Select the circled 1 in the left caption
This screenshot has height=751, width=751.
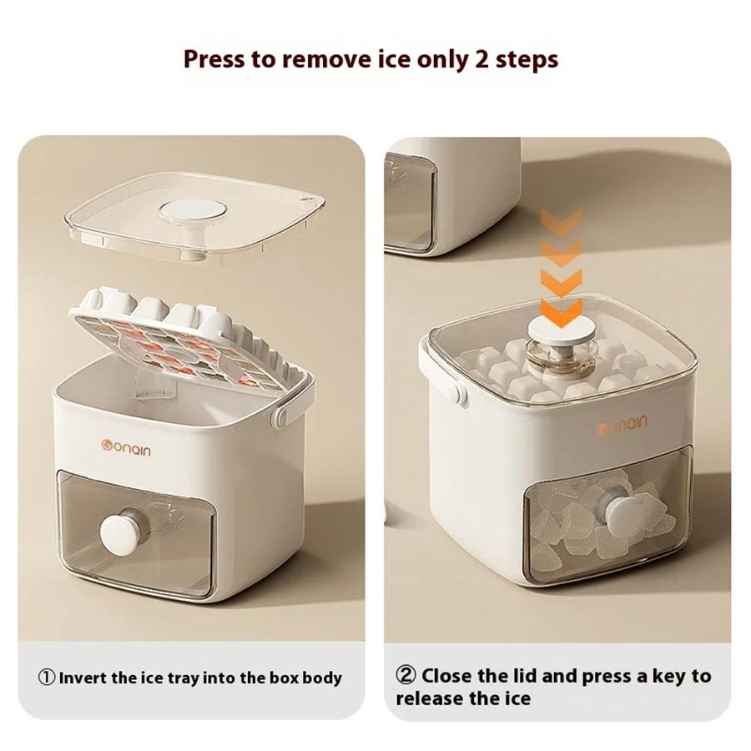pyautogui.click(x=47, y=678)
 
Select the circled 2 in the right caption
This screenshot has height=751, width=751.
pyautogui.click(x=406, y=676)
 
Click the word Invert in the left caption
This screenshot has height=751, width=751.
pyautogui.click(x=83, y=678)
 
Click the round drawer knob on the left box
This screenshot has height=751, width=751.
pyautogui.click(x=119, y=531)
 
